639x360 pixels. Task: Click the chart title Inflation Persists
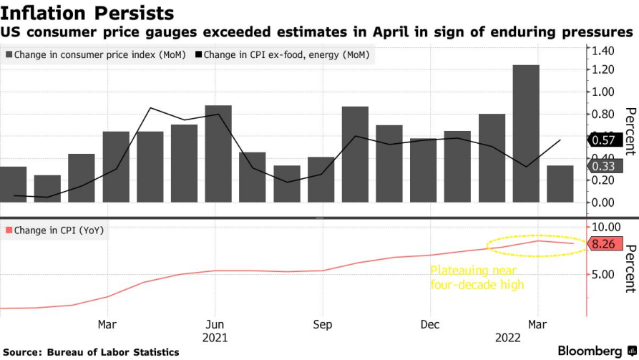pyautogui.click(x=87, y=13)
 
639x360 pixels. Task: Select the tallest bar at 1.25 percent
pyautogui.click(x=526, y=133)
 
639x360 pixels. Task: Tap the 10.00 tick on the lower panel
pyautogui.click(x=605, y=226)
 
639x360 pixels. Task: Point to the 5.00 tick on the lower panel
pyautogui.click(x=603, y=274)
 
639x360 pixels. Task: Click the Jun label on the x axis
pyautogui.click(x=216, y=324)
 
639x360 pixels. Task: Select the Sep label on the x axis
pyautogui.click(x=323, y=324)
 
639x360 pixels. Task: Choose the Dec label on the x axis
pyautogui.click(x=429, y=324)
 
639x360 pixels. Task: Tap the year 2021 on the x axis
pyautogui.click(x=216, y=336)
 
